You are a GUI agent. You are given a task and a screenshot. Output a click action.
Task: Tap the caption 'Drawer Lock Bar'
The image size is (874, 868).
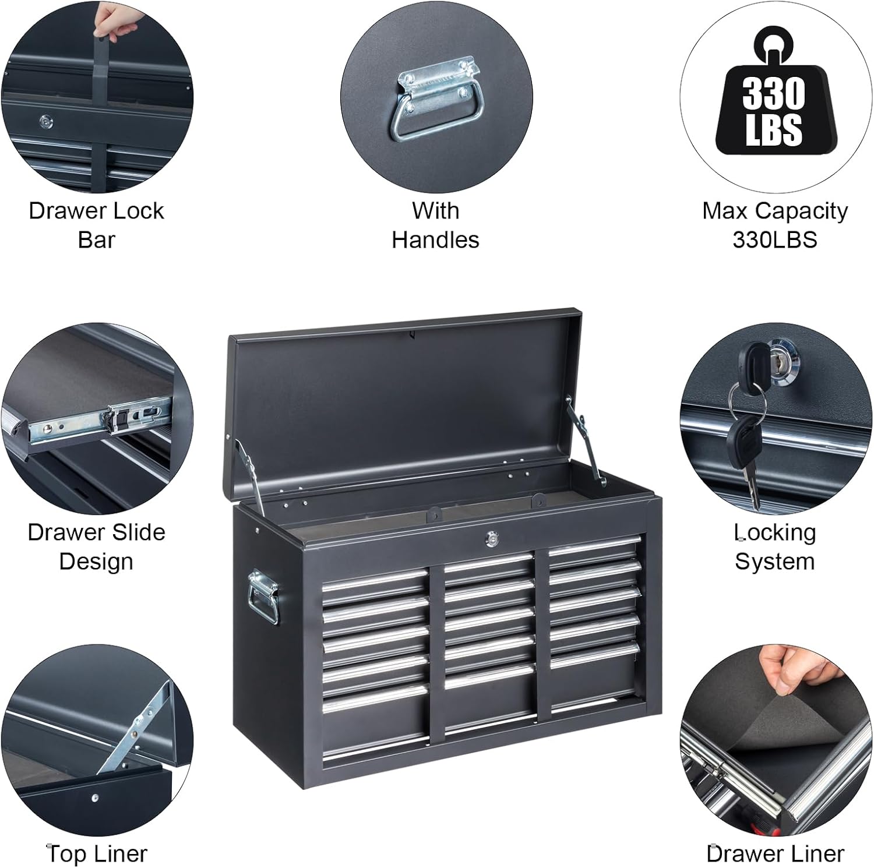pyautogui.click(x=96, y=225)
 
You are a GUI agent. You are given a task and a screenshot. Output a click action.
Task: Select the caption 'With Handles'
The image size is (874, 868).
pyautogui.click(x=435, y=225)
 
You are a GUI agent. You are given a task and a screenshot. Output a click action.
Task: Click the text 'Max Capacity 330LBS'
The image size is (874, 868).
pyautogui.click(x=774, y=225)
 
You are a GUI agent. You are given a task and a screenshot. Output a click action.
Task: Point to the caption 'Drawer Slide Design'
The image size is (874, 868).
pyautogui.click(x=96, y=546)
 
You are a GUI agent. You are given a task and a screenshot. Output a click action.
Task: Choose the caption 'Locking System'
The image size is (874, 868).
pyautogui.click(x=774, y=546)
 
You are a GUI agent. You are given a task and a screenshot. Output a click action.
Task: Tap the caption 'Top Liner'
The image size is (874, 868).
pyautogui.click(x=97, y=853)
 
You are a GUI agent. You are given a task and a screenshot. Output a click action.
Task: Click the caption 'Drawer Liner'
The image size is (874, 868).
pyautogui.click(x=775, y=853)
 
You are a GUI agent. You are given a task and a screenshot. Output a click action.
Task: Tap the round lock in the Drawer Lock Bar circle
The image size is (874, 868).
pyautogui.click(x=46, y=122)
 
